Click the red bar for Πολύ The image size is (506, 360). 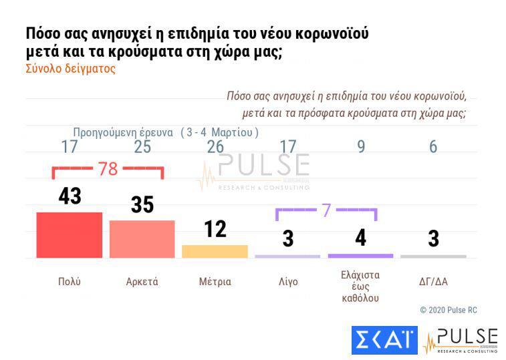69,234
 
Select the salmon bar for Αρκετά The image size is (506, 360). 142,238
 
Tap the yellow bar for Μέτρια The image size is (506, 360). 215,251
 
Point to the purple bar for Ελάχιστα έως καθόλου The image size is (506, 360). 360,256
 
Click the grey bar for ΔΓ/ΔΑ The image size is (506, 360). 433,256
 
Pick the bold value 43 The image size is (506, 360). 69,196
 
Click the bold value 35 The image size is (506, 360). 142,204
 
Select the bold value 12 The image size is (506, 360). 215,229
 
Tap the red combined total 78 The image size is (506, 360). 108,169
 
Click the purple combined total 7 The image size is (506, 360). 326,210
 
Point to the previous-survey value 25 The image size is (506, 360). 142,147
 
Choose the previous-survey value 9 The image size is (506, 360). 361,147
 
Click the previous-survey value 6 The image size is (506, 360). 433,147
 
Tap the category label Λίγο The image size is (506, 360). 288,282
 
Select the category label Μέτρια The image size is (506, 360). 215,282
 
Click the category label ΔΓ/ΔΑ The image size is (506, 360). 433,282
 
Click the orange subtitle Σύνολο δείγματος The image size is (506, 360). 70,69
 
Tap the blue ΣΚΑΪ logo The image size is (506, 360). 384,341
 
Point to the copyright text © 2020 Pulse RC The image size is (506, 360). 448,311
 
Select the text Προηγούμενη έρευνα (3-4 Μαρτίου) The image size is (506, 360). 165,132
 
